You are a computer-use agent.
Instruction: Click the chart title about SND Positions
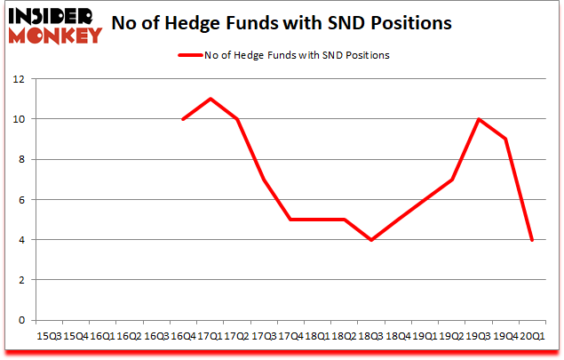click(297, 22)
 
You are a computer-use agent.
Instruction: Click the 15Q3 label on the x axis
click(49, 336)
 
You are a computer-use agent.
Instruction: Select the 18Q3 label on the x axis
click(370, 336)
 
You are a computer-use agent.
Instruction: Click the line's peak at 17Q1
click(210, 99)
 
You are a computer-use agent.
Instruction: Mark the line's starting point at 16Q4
click(183, 119)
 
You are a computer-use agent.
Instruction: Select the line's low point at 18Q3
click(370, 240)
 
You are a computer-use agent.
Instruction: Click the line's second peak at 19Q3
click(478, 119)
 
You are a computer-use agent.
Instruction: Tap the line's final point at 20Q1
click(532, 240)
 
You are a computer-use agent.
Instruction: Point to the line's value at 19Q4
click(505, 139)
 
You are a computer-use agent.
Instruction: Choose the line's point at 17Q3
click(264, 180)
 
